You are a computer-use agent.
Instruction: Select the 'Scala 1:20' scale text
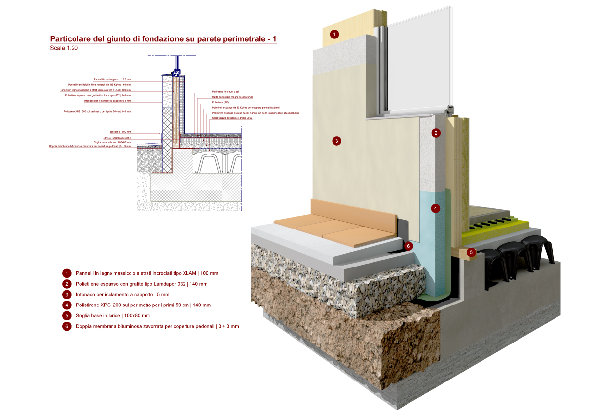click(64, 48)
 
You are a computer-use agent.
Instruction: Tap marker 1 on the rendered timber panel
click(334, 34)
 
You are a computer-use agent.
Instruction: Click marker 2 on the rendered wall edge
click(436, 133)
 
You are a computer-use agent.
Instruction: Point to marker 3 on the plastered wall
click(336, 141)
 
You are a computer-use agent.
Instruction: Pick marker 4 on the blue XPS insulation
click(435, 208)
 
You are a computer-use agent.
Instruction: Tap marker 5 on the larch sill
click(471, 252)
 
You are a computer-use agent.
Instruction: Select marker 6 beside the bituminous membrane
click(407, 246)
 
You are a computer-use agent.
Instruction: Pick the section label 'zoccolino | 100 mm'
click(120, 132)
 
